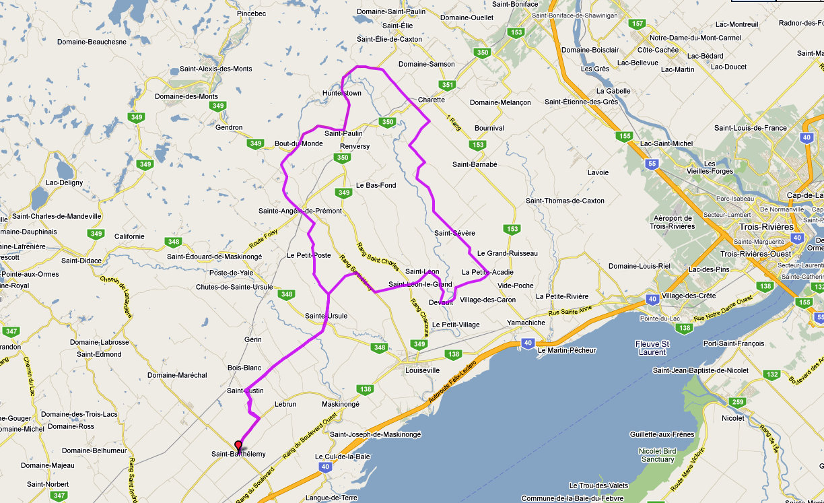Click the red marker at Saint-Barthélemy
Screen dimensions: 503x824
pos(238,446)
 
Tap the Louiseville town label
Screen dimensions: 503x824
pos(422,370)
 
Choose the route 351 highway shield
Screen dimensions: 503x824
pos(448,85)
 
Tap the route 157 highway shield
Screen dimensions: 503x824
pos(638,24)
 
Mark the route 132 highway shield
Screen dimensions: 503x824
pos(771,374)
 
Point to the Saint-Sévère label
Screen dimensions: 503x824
pos(454,233)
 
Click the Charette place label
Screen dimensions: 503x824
pos(432,100)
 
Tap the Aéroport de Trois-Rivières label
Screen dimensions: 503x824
pos(673,222)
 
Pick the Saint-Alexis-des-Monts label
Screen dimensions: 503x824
pos(215,69)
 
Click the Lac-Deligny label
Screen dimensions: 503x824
pos(64,182)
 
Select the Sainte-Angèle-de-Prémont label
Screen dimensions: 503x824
pos(300,211)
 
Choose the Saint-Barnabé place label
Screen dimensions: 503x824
pos(475,164)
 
